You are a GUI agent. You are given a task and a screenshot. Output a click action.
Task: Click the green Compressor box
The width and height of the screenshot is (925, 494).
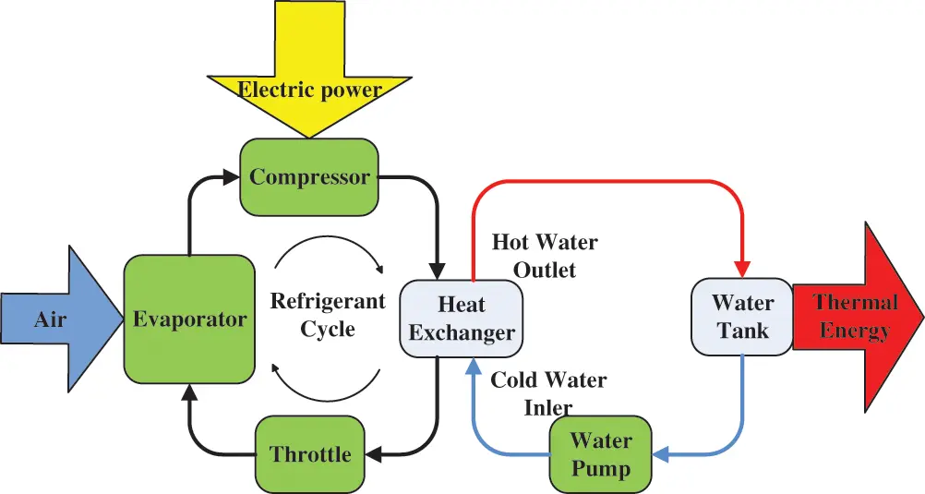click(x=309, y=176)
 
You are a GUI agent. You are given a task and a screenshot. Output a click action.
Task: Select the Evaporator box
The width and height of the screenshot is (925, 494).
click(x=189, y=319)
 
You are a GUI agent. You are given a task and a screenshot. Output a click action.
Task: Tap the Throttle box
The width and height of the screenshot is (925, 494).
click(x=310, y=453)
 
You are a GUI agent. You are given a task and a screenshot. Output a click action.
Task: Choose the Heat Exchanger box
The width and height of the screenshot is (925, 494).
click(x=462, y=319)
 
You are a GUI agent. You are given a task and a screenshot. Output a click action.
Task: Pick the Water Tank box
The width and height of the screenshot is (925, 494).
click(x=743, y=316)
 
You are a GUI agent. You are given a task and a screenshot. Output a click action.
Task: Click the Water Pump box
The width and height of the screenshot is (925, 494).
click(x=600, y=453)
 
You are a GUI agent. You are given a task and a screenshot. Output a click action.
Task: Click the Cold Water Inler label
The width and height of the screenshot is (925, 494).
click(x=548, y=392)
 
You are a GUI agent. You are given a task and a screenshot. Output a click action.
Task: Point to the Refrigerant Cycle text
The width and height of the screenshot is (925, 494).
click(x=327, y=314)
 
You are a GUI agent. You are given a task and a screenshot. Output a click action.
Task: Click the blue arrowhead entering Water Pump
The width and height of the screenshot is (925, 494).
click(x=662, y=453)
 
